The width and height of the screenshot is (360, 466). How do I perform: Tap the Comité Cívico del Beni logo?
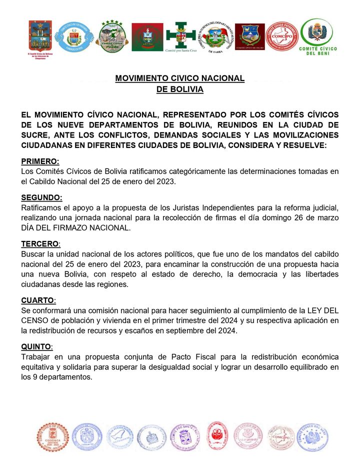point(318,36)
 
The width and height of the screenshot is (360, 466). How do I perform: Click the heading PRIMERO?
point(40,161)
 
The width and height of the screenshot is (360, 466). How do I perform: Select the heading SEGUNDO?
point(41,197)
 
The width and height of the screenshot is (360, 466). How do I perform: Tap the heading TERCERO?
point(40,244)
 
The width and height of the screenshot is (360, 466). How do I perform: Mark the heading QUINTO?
point(36,346)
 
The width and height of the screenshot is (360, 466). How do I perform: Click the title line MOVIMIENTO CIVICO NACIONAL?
point(179,78)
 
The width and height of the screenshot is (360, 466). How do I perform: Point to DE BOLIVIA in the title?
point(179,89)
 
